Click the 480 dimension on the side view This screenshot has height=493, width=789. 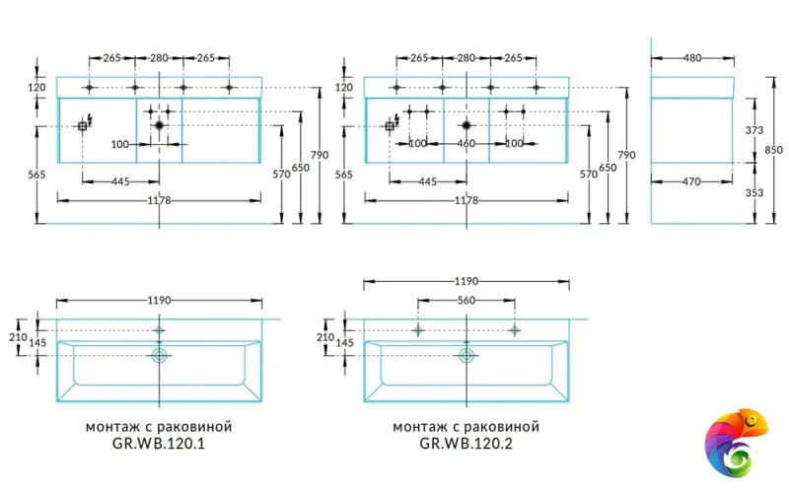point(692,58)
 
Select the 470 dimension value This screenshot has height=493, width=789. point(692,182)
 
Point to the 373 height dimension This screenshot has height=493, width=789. point(754,130)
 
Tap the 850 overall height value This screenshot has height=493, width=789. point(774,150)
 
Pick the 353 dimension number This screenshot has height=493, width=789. point(754,193)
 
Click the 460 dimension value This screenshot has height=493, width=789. point(466,144)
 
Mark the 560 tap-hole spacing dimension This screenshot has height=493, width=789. point(466,301)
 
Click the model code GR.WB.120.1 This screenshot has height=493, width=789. point(159,445)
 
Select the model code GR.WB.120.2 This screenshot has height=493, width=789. point(466,445)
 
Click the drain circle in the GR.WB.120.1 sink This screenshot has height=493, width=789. point(159,355)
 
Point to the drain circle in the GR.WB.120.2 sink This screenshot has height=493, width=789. point(466,355)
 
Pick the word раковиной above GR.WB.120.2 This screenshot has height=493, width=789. point(506,427)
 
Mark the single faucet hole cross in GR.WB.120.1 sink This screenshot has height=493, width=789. point(159,330)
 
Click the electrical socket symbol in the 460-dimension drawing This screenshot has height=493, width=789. point(391,126)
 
